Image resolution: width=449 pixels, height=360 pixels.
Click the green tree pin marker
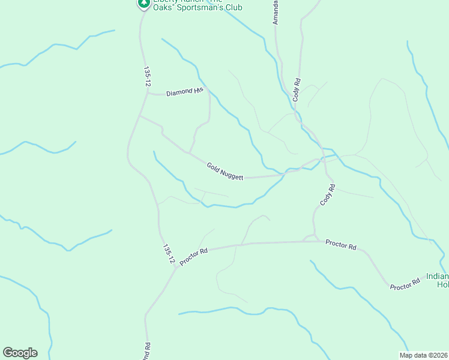coord(143,4)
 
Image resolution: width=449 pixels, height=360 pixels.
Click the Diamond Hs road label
coord(185,92)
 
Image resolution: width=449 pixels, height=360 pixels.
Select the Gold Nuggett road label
coord(225,172)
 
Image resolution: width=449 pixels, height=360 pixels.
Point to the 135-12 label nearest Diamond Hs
coord(146,77)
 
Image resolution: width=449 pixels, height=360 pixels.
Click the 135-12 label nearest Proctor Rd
coord(168,254)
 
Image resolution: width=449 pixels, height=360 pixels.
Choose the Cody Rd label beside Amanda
coord(297,89)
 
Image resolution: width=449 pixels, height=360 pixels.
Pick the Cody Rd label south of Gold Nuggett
coord(327,195)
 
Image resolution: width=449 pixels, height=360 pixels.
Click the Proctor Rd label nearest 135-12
coord(193,257)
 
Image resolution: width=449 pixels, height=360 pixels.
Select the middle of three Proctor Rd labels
coord(341,245)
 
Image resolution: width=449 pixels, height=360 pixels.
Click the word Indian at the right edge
coord(437,277)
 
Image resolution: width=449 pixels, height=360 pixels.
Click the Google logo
coord(20,353)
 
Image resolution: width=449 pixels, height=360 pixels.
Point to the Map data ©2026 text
coord(423,355)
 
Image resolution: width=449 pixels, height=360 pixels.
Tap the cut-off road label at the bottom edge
coord(146,352)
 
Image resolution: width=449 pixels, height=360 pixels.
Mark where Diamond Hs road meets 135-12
coord(148,94)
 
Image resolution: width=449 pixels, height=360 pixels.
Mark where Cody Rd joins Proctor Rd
coord(315,241)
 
